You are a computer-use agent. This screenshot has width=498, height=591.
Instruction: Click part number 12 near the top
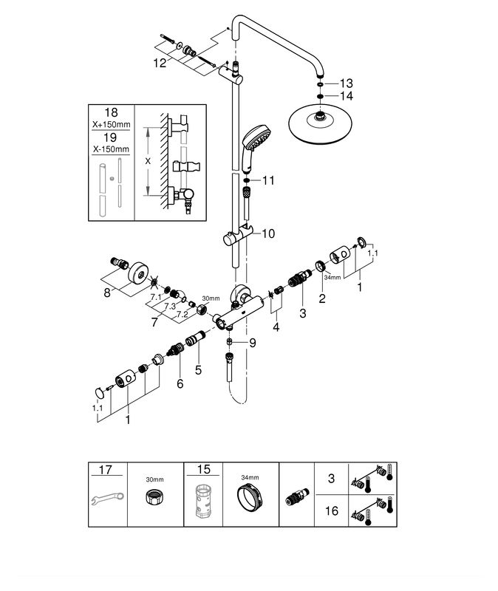tap(160, 64)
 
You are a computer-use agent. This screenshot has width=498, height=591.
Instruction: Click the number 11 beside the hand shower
tap(267, 180)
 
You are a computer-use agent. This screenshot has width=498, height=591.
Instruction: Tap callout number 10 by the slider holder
tap(267, 233)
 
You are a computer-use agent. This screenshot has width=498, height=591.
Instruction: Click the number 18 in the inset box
tap(111, 113)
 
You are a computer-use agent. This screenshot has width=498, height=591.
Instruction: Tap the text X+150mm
tap(111, 125)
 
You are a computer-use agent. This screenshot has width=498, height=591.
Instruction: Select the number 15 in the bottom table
tap(203, 469)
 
